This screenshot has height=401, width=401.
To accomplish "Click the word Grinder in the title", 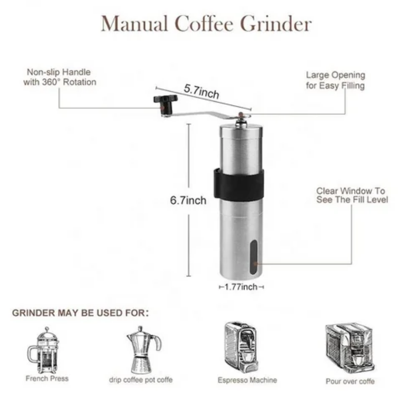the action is point(276,24).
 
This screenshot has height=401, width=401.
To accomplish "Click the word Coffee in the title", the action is point(204,24).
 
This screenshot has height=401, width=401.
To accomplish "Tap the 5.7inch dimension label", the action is point(202,91).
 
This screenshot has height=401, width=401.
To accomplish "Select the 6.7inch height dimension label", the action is point(188,200).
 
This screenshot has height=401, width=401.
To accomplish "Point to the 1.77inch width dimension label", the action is point(241,287).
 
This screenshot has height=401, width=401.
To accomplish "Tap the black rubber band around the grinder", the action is point(239,184).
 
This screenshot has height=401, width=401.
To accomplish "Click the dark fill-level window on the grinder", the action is point(253,257).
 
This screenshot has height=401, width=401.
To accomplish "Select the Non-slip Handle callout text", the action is point(60,77).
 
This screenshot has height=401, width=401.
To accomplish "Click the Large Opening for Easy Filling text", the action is point(336,80).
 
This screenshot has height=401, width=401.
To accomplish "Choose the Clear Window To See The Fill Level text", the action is point(352,195).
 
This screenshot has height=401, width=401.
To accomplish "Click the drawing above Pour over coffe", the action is point(350,348).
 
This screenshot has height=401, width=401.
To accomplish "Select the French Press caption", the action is point(47,379).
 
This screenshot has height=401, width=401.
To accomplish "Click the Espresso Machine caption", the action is point(247,380).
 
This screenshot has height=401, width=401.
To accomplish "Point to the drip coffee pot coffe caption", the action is point(141,380).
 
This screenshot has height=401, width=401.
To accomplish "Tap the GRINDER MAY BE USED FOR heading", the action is point(80,313).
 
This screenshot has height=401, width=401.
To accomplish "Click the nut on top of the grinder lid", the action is point(241,119).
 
